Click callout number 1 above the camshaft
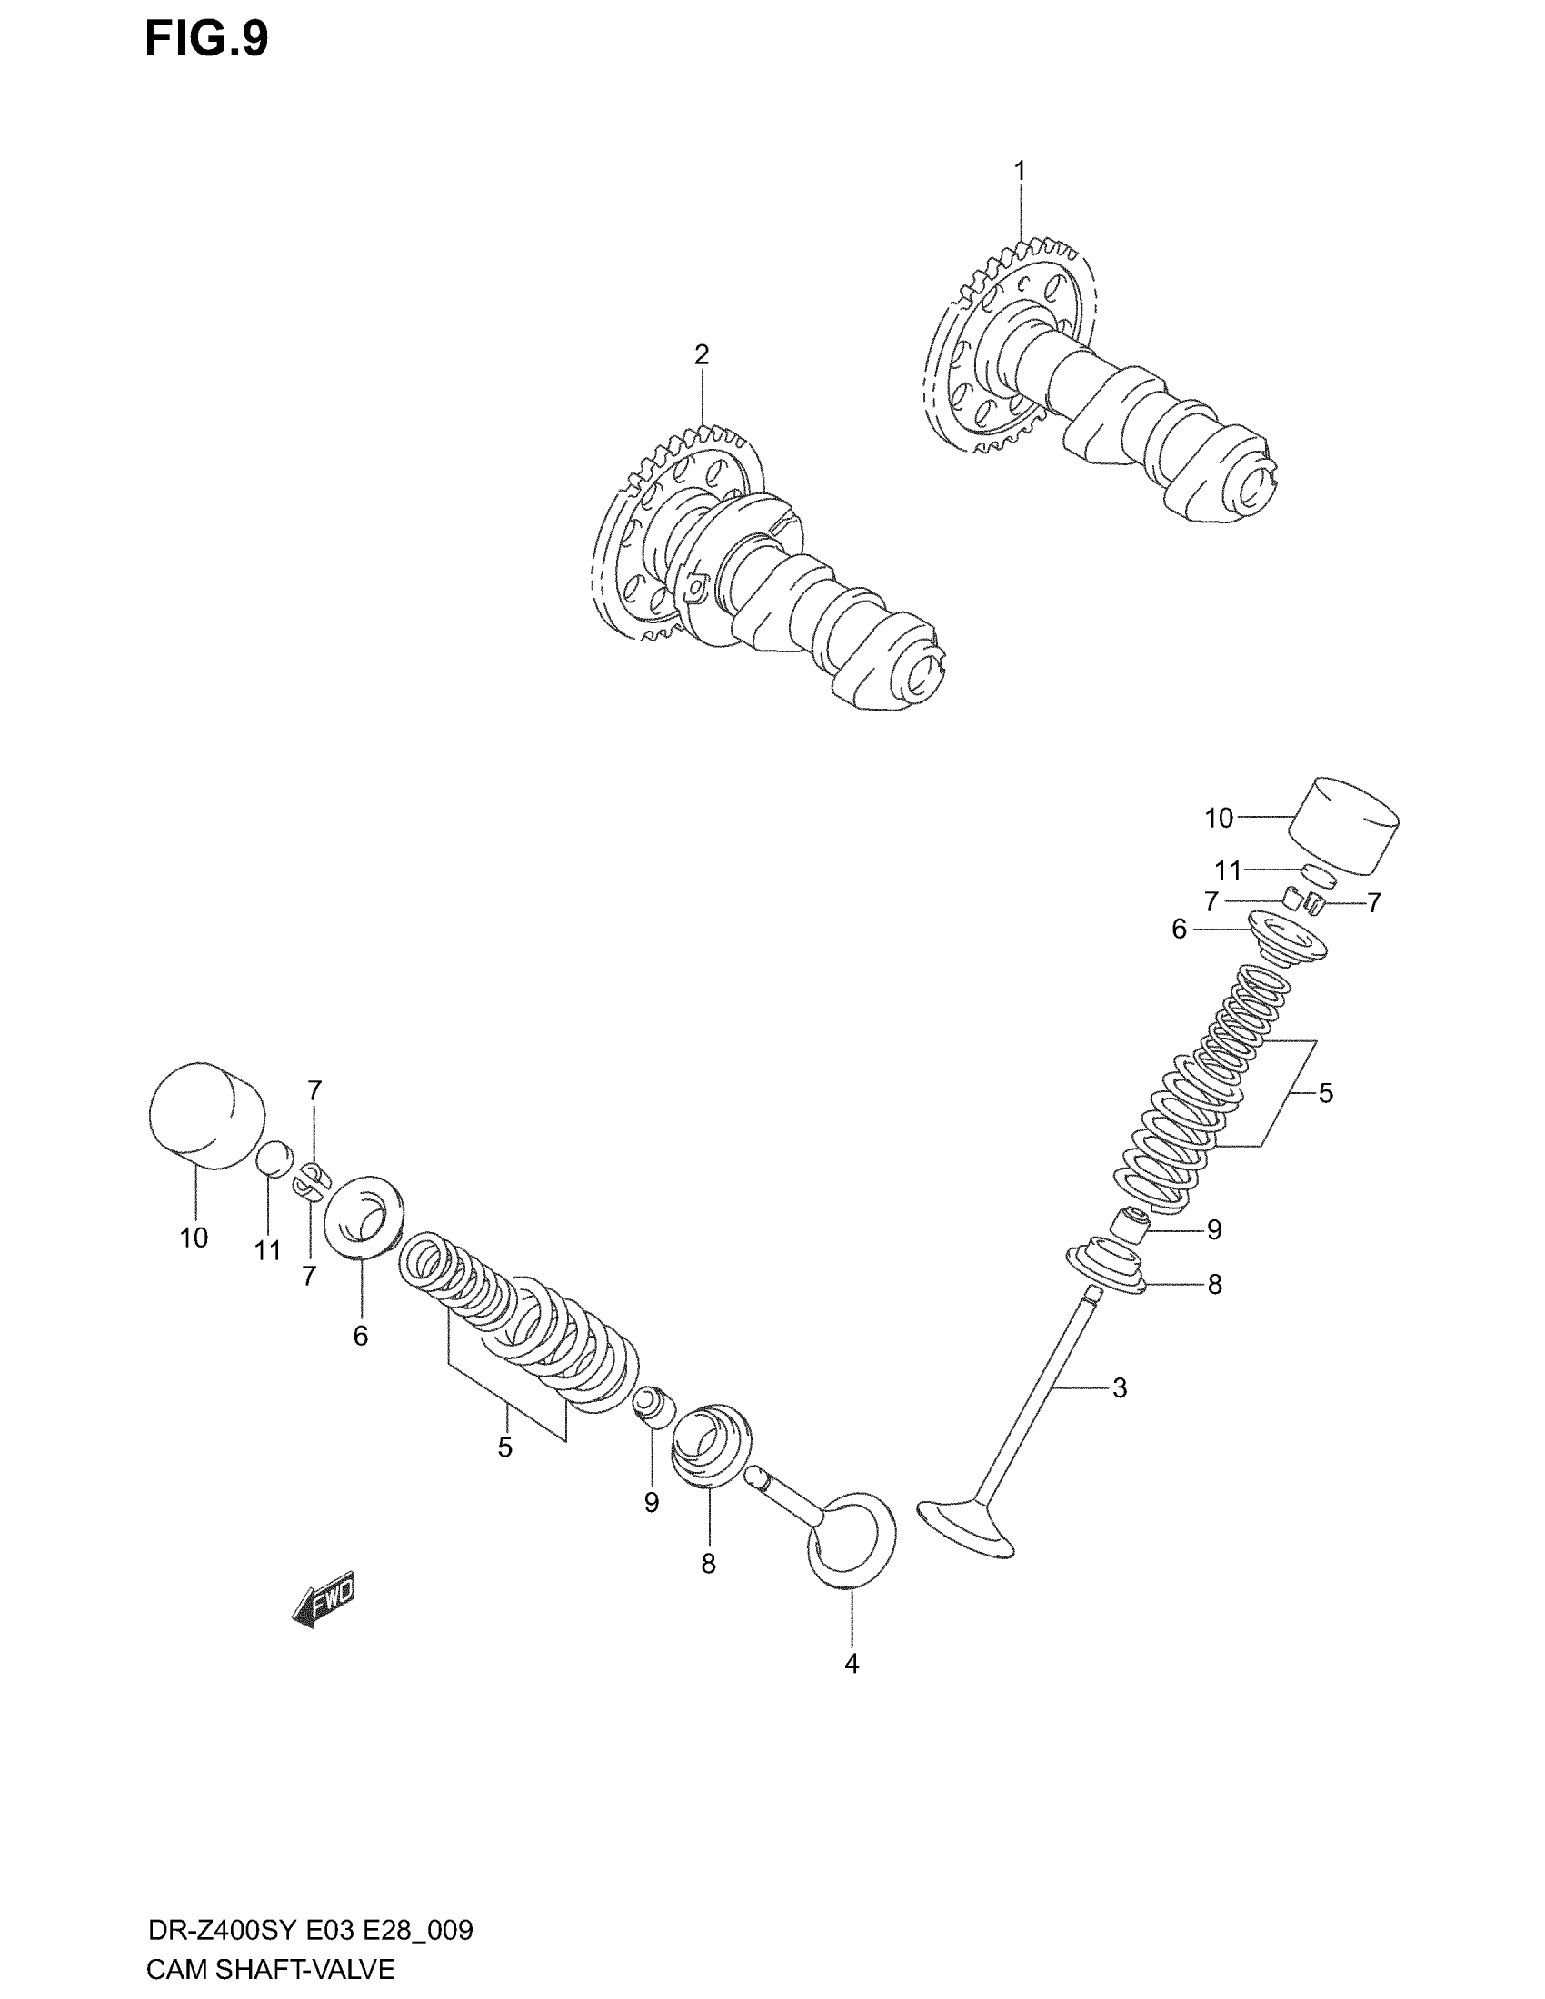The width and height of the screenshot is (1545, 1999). click(1020, 171)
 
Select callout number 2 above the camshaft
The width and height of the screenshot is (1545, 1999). click(701, 354)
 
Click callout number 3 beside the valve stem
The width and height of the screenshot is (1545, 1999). click(1120, 1387)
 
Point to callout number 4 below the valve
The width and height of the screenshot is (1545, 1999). click(852, 1663)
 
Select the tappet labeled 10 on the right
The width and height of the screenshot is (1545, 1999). click(1343, 826)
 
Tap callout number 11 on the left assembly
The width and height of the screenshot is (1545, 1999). click(267, 1250)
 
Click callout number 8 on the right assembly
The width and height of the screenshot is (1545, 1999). click(1214, 1284)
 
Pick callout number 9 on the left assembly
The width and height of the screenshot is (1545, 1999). click(651, 1502)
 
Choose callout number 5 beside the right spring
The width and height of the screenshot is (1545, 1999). click(1325, 1093)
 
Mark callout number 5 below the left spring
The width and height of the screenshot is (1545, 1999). click(505, 1447)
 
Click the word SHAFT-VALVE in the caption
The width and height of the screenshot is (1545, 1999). click(309, 1969)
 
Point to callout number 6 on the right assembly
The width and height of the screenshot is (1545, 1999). click(1179, 930)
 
